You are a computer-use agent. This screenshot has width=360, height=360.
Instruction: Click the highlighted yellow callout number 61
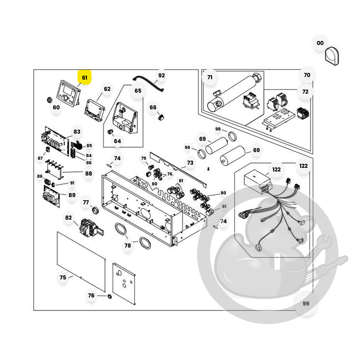[84, 77]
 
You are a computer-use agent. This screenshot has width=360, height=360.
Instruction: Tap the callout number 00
[320, 43]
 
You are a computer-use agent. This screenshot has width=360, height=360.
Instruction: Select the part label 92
[161, 76]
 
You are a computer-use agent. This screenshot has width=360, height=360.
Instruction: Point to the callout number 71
[210, 77]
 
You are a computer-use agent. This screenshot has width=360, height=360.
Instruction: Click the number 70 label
[307, 75]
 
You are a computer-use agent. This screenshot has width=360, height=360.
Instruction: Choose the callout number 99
[306, 304]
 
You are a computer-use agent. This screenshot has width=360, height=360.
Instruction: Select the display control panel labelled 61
[68, 93]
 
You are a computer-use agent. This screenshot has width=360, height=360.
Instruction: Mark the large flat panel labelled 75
[81, 260]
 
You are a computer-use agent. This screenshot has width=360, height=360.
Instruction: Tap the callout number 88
[88, 173]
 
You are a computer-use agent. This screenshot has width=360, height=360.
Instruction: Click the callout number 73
[190, 163]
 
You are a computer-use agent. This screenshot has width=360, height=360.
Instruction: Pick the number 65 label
[138, 90]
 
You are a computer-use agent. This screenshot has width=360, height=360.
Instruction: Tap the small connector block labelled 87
[48, 149]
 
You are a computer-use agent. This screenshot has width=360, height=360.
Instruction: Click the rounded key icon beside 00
[332, 56]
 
